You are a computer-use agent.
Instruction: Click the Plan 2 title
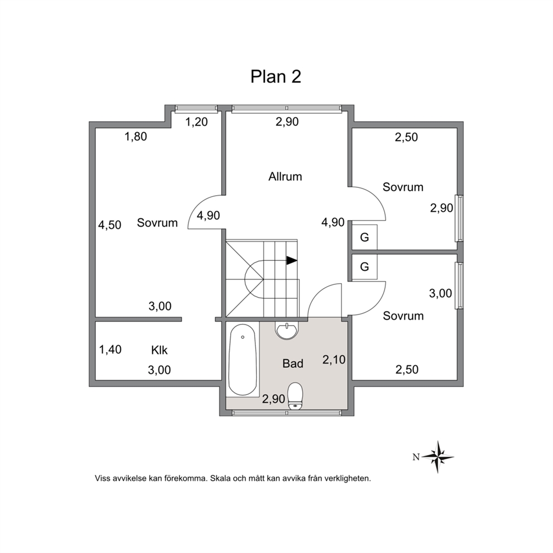click(x=276, y=76)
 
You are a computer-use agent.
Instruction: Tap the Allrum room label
click(x=285, y=176)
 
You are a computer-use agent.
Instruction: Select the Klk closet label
click(x=159, y=350)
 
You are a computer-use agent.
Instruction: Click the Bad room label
click(x=293, y=363)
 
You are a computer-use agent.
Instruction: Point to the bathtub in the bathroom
click(x=242, y=360)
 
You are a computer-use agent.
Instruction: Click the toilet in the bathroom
click(x=295, y=396)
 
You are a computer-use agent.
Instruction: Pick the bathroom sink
click(x=287, y=331)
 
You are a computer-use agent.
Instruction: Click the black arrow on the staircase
click(x=292, y=261)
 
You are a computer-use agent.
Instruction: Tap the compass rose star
click(x=438, y=457)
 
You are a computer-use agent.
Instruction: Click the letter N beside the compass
click(x=416, y=457)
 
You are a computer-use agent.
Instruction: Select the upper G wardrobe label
click(x=365, y=237)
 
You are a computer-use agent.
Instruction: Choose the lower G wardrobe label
click(x=365, y=266)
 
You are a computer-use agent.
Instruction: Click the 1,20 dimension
click(x=196, y=122)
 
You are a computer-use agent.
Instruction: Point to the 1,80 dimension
click(x=136, y=137)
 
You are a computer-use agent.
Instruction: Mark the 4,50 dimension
click(x=110, y=225)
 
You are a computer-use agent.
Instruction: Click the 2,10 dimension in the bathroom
click(x=333, y=360)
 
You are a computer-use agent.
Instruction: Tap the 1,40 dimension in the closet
click(x=110, y=350)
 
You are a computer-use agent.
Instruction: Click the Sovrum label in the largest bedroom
click(x=157, y=223)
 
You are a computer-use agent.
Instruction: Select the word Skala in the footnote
click(x=221, y=479)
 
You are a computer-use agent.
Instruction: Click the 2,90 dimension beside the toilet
click(x=273, y=399)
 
